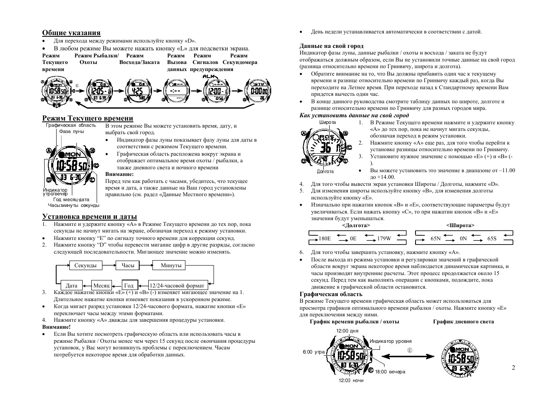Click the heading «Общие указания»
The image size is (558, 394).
(71, 33)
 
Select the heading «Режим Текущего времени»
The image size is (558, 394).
(88, 119)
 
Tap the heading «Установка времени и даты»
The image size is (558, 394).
(90, 216)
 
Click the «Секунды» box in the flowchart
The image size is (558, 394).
(85, 266)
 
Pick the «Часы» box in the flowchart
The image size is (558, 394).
(128, 266)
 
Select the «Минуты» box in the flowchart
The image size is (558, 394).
(171, 266)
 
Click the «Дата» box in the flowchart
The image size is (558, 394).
(71, 285)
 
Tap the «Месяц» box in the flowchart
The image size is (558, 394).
(101, 285)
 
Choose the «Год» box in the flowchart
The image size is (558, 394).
(129, 285)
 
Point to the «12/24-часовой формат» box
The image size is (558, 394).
(177, 285)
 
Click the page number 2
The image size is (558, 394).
(513, 368)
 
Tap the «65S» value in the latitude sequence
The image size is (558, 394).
(492, 238)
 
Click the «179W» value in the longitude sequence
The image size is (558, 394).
(384, 238)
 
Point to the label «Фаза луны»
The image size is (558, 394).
(71, 131)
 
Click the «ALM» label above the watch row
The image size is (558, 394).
(209, 77)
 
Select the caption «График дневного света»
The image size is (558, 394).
(463, 322)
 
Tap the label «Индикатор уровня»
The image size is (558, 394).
(390, 341)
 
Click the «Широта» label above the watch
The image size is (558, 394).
(328, 122)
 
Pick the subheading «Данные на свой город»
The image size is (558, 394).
(331, 46)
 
